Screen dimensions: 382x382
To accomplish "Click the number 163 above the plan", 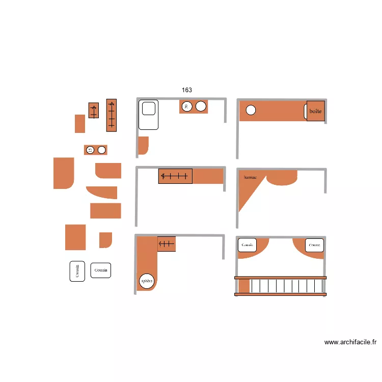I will click(x=187, y=90).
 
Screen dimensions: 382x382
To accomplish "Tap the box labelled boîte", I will click(x=316, y=111).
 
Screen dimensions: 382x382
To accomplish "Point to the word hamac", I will click(x=251, y=177).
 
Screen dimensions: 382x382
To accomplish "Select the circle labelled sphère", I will click(x=147, y=281).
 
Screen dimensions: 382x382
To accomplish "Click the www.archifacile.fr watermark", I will click(x=350, y=343).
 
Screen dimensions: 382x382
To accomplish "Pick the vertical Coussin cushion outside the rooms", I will click(x=77, y=271).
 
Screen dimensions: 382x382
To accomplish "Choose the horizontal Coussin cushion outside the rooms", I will click(x=101, y=270).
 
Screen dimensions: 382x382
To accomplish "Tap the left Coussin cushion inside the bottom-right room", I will click(x=248, y=245).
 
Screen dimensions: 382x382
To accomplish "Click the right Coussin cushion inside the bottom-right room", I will click(x=314, y=245).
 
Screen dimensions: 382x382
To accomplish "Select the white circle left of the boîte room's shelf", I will click(x=251, y=110).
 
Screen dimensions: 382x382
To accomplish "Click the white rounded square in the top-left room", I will click(x=148, y=108).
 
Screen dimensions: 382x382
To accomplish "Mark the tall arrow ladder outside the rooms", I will click(x=112, y=115).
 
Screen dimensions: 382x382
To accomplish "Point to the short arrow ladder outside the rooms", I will click(x=93, y=111).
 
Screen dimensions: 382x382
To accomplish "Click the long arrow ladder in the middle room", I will click(x=175, y=176).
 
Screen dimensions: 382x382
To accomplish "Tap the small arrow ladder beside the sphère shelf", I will click(x=167, y=244).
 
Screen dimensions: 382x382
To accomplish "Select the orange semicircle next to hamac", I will click(x=282, y=178).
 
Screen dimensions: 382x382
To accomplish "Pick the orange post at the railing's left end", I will click(x=244, y=286).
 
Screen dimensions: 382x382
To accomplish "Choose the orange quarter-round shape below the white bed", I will click(x=143, y=145).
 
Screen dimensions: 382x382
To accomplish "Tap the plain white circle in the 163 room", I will click(x=201, y=106).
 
